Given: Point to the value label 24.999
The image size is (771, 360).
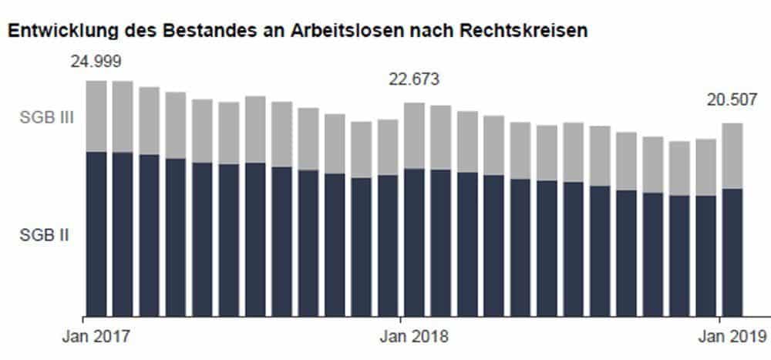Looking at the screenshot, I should pyautogui.click(x=96, y=62).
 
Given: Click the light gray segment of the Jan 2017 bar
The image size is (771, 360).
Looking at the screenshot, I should pyautogui.click(x=96, y=116).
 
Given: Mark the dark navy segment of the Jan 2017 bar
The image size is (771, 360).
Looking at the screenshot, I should pyautogui.click(x=96, y=231).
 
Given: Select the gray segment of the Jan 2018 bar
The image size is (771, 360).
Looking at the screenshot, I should pyautogui.click(x=414, y=135).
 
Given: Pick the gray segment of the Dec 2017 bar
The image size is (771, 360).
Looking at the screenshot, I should pyautogui.click(x=388, y=146).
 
